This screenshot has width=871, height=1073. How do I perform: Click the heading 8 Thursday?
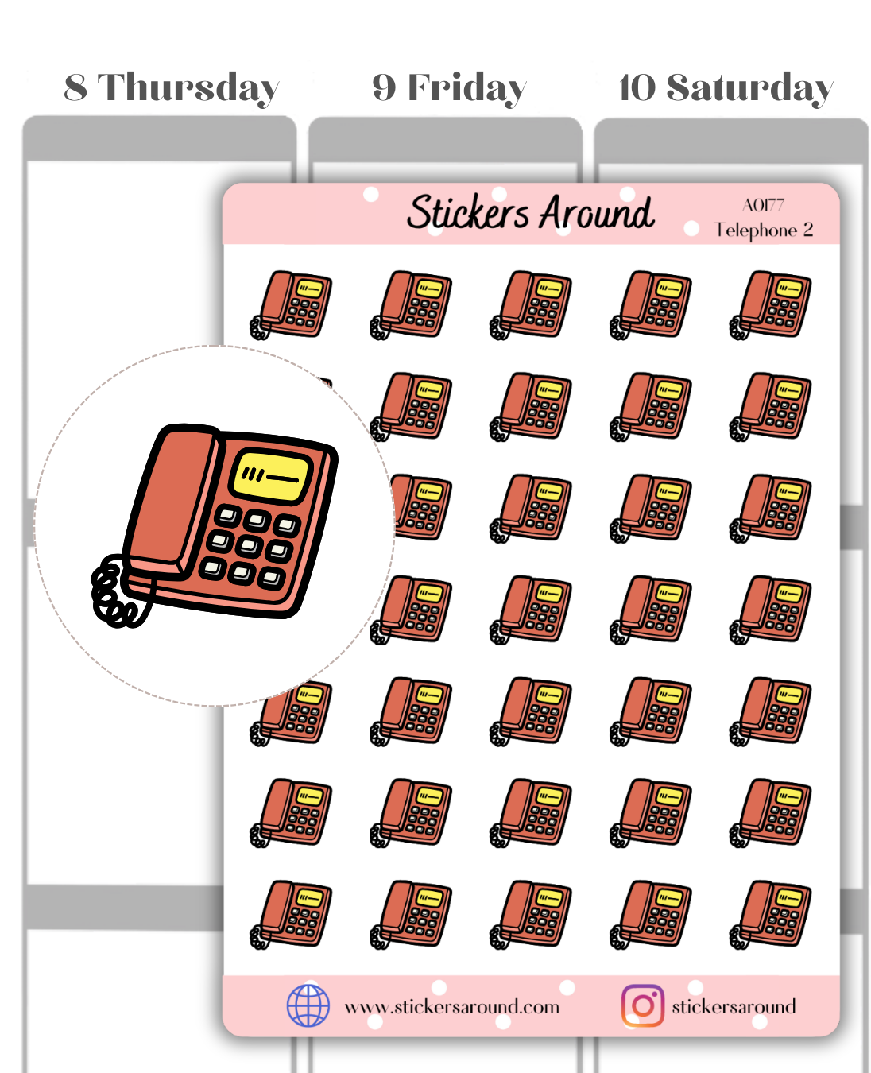click(172, 89)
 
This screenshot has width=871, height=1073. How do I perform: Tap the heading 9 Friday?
click(449, 89)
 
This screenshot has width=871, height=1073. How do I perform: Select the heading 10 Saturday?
click(726, 89)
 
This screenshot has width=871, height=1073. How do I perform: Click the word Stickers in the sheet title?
click(468, 212)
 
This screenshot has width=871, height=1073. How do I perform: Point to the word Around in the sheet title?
click(597, 212)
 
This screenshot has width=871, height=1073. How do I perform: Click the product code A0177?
click(763, 205)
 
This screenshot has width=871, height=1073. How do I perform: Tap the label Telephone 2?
click(764, 230)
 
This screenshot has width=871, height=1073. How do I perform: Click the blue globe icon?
click(308, 1005)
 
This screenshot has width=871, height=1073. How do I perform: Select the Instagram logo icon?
click(642, 1005)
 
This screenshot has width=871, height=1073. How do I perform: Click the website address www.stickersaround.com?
click(452, 1007)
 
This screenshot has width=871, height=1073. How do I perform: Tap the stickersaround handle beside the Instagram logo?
click(734, 1006)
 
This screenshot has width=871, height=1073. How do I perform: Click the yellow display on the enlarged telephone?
click(271, 476)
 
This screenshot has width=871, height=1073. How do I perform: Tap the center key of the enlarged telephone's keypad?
click(249, 546)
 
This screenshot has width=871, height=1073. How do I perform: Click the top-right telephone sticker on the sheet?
click(770, 304)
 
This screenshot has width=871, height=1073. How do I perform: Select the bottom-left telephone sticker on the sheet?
click(291, 914)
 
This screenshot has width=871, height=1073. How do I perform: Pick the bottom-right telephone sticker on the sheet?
click(770, 914)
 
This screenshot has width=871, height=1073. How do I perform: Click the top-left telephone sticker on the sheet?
click(291, 304)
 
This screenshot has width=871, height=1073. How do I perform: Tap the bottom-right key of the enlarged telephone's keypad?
click(272, 579)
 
